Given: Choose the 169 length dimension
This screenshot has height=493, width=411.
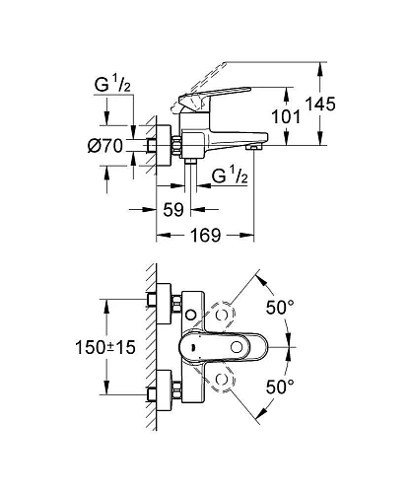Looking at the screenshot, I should point(203,237).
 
